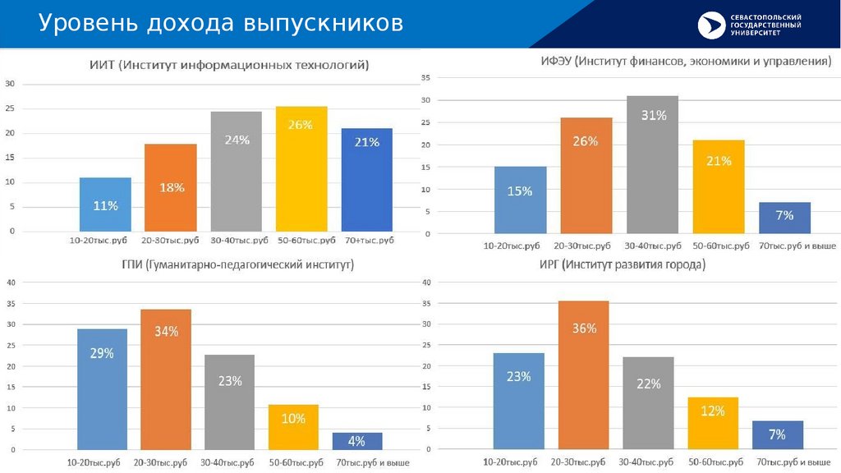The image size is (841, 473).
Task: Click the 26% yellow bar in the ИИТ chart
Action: (301, 168)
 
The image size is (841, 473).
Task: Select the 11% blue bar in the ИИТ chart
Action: (105, 204)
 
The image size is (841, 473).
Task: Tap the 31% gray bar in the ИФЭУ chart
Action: (653, 164)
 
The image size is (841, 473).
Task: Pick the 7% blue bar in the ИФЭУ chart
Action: (784, 218)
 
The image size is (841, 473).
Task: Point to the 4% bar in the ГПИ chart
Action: (357, 441)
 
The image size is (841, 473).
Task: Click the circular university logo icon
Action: (712, 25)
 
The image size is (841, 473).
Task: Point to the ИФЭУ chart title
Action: (686, 62)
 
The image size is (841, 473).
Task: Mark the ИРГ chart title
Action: (623, 265)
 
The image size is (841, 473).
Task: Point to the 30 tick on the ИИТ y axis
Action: (11, 84)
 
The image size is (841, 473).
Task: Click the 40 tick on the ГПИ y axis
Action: (11, 282)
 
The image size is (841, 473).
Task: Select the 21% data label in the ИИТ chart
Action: (367, 142)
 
